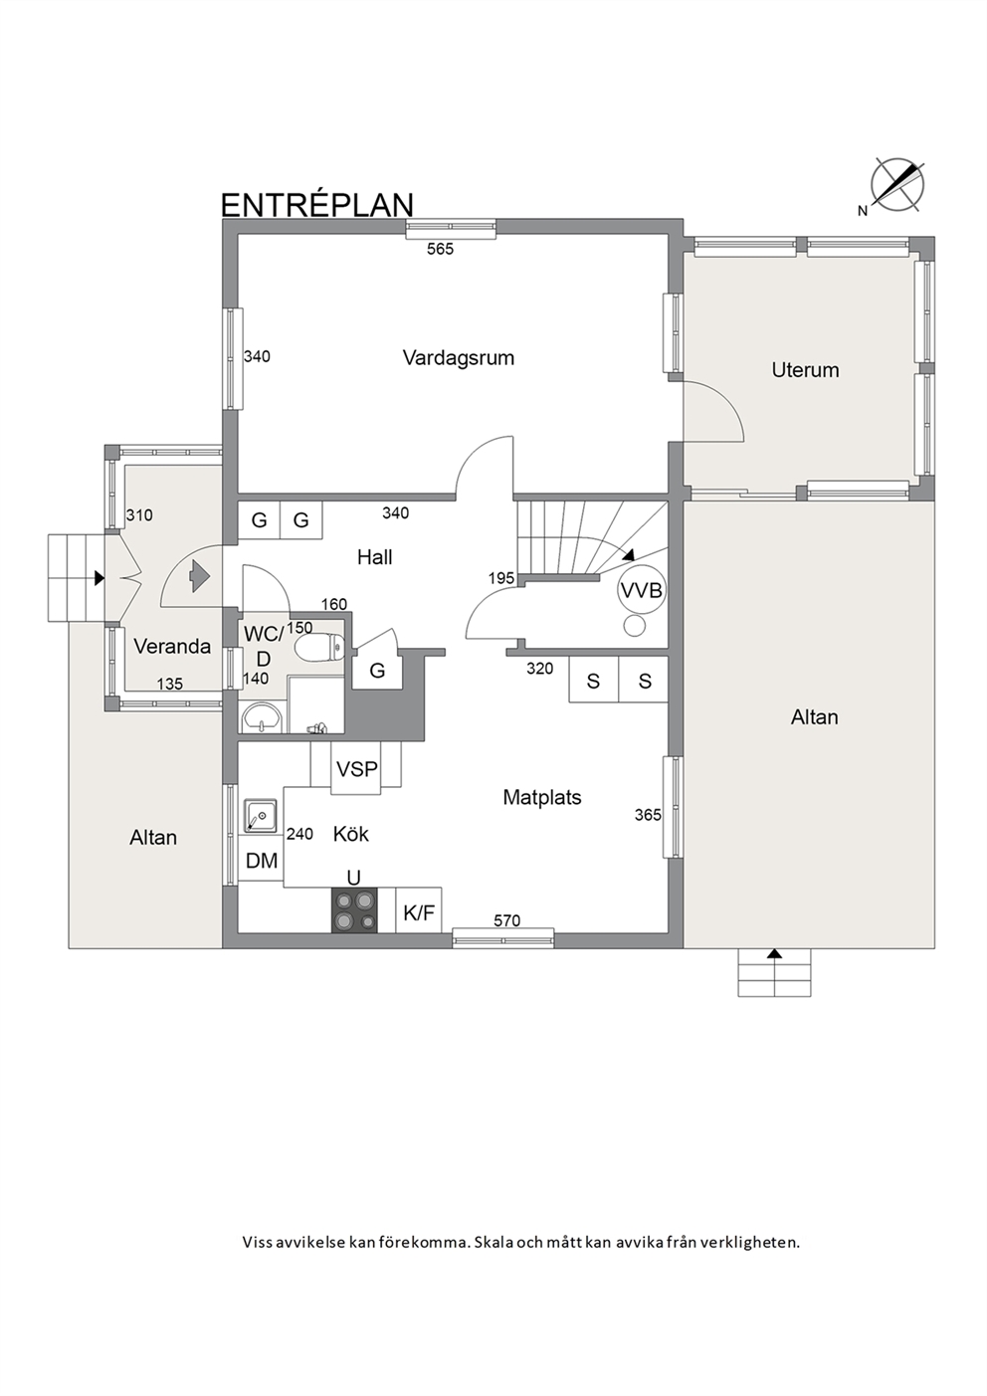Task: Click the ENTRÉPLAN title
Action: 317,204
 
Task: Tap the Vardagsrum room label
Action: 458,358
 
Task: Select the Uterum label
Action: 805,370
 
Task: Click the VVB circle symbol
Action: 642,590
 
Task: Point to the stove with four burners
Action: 354,909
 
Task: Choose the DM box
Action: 262,861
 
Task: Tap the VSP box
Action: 356,769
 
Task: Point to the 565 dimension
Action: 440,250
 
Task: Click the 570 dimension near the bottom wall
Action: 506,920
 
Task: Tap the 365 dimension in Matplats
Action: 648,815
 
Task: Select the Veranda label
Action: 172,647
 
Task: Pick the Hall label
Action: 374,557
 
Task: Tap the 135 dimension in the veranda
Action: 169,685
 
